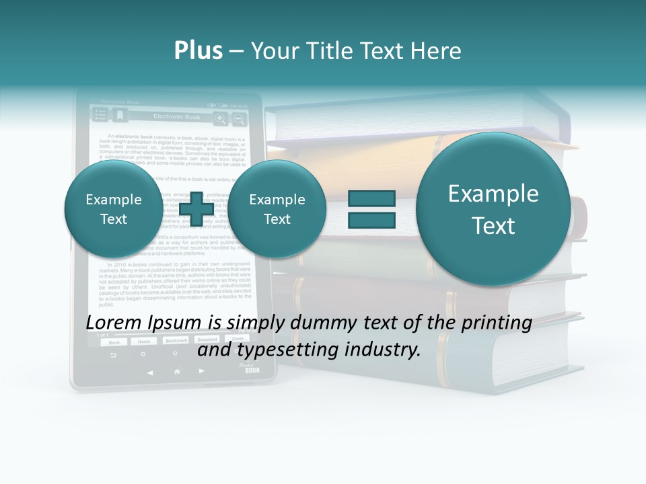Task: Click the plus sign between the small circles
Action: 196,208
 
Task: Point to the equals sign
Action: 371,208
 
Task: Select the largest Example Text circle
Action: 493,209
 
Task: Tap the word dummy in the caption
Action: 317,323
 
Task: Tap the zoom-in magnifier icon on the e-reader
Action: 220,119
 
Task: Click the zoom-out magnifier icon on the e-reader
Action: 239,119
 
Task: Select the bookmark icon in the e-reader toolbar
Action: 120,116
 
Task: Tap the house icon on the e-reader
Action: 177,371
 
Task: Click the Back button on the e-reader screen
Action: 114,341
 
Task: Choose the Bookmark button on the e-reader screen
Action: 176,341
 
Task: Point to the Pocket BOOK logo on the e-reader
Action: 250,368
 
